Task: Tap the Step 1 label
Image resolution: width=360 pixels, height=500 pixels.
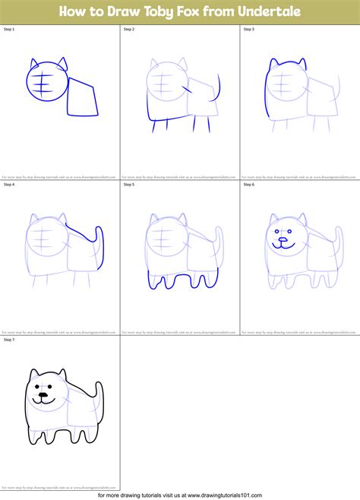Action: point(9,29)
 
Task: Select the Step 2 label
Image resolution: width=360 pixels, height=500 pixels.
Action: point(128,29)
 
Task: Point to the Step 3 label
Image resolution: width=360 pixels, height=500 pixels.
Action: point(248,29)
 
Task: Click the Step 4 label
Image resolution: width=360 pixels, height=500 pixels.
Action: point(9,184)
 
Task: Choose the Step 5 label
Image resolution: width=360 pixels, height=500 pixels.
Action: point(128,184)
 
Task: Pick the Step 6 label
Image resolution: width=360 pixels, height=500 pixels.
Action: point(248,184)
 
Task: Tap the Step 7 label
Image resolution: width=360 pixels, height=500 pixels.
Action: point(9,339)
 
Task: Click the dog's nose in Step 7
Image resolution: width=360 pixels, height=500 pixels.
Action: point(44,395)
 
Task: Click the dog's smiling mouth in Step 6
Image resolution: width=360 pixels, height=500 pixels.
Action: point(283,245)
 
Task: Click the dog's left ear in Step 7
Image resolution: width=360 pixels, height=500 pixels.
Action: point(33,374)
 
